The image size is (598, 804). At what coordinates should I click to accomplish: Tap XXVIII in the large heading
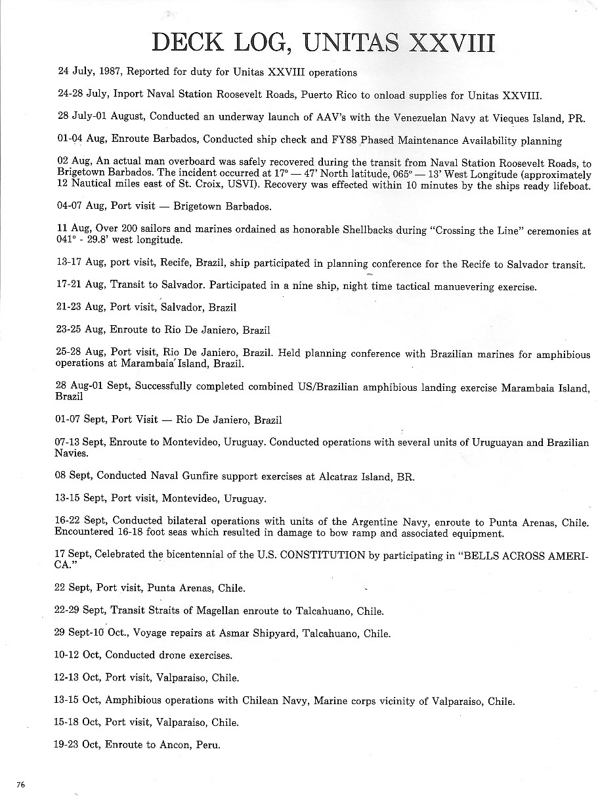[x=451, y=42]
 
